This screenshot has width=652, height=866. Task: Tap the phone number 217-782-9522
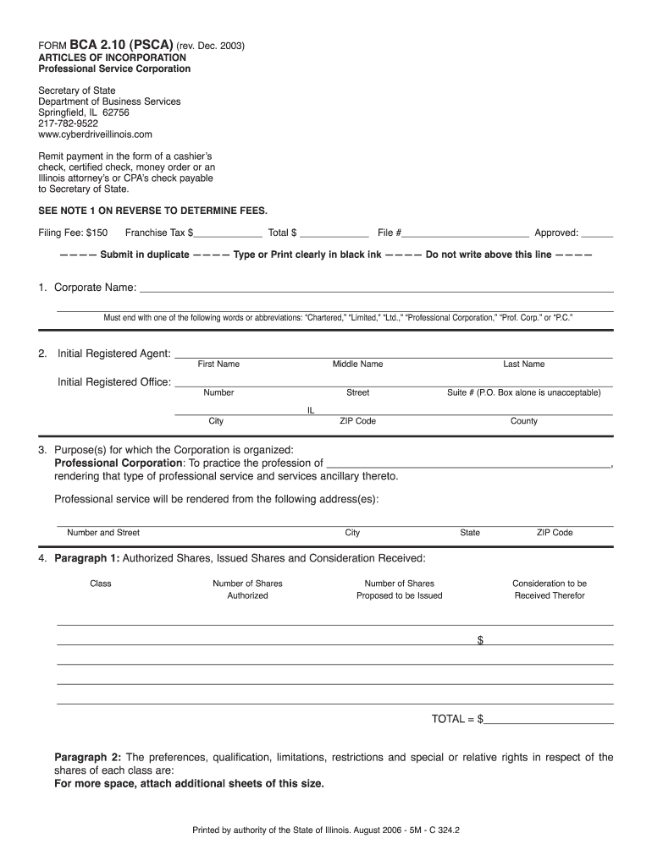[69, 123]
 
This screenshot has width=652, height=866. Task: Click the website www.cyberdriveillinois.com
[95, 134]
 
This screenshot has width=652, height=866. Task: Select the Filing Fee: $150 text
[73, 233]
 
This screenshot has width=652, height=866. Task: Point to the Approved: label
[555, 233]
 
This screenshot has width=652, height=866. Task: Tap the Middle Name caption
[357, 364]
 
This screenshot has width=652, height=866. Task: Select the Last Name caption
[523, 364]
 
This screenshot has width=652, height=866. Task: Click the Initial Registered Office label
[114, 382]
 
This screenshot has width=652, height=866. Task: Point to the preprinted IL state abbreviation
[311, 409]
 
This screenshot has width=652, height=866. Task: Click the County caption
[523, 421]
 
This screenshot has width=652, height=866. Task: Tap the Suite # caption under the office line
[523, 393]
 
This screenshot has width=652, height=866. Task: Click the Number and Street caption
[103, 533]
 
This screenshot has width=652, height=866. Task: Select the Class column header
[101, 584]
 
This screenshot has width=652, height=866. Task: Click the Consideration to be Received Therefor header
[549, 589]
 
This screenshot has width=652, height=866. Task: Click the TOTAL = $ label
[457, 719]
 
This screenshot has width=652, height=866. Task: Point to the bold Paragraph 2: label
[88, 757]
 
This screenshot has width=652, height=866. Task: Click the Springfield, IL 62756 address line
[83, 112]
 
